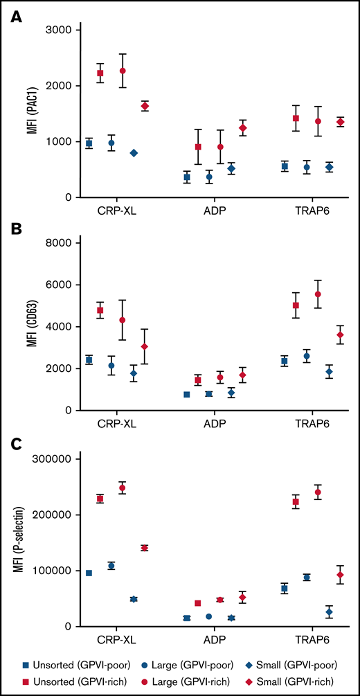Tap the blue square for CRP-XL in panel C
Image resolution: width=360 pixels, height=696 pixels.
(x=89, y=573)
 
